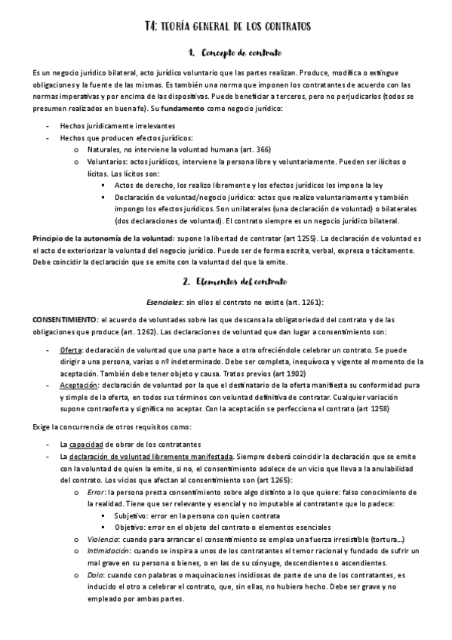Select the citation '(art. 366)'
pyautogui.click(x=252, y=149)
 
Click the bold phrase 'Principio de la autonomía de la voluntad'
pyautogui.click(x=103, y=238)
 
